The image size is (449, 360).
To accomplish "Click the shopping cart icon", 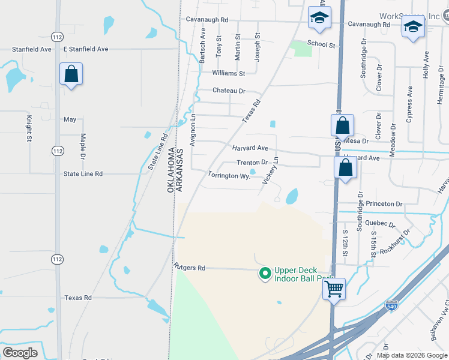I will coord(334,289).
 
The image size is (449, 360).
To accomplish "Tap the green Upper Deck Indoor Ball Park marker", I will coord(264,274).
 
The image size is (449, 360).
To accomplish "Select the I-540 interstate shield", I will coord(392,305).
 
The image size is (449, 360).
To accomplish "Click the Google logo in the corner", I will coord(20,352).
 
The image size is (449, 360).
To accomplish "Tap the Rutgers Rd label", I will coord(189,268).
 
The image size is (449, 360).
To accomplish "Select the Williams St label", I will coord(229,73).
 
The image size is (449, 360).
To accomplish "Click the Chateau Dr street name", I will coord(229,91).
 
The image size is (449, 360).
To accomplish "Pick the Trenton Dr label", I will coord(252,163).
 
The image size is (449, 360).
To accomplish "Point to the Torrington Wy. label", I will coord(229,176).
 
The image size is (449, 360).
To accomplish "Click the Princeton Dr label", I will coord(384,204).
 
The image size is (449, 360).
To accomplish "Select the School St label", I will coord(321,44).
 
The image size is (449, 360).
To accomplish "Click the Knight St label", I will coord(28,128).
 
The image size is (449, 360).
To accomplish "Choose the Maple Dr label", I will coord(82,148).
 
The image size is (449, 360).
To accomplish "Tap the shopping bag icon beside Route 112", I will coord(71,74).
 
